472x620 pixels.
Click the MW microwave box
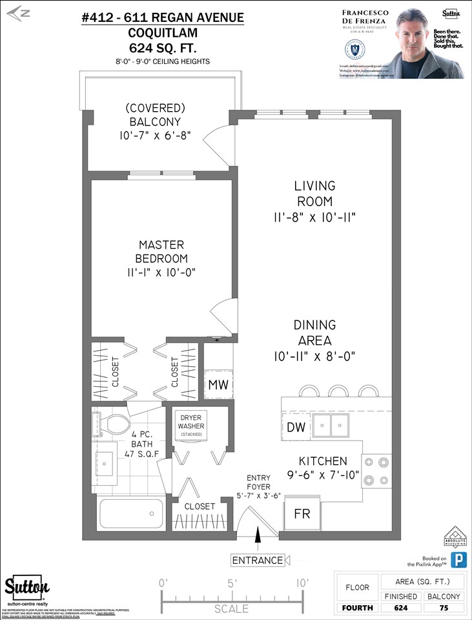pos(217,386)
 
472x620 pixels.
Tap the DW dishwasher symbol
pos(296,427)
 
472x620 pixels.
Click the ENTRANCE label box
pos(258,560)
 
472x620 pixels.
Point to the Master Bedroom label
pos(161,252)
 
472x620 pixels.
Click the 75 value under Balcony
pos(444,608)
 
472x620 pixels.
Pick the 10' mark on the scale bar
pos(301,583)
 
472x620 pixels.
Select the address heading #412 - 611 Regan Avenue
pos(163,18)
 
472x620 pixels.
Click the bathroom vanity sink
pos(105,460)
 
